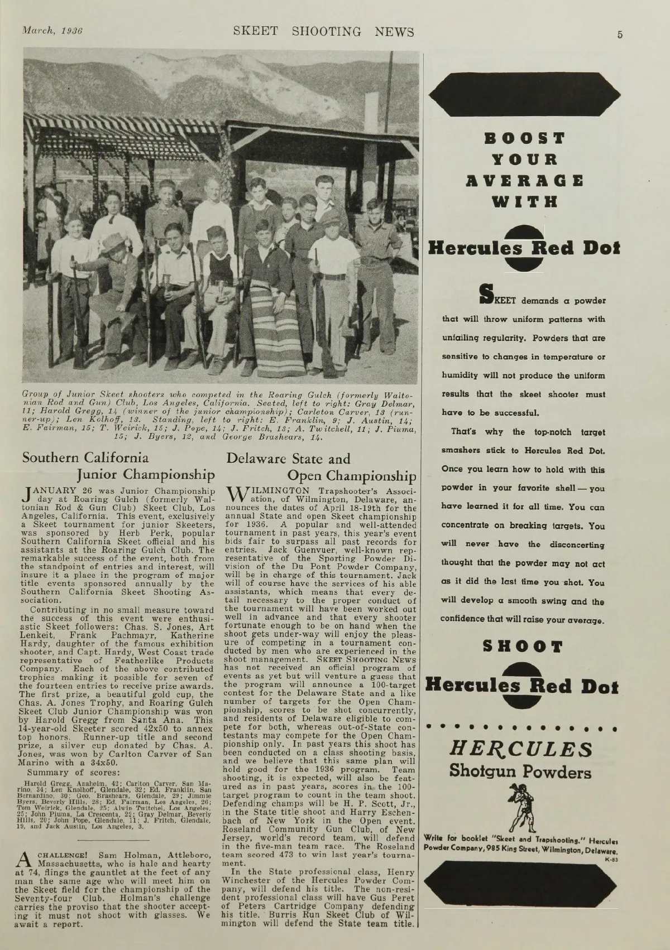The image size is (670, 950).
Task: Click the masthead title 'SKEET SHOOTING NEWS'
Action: [324, 31]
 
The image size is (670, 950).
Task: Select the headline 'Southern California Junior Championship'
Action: [118, 466]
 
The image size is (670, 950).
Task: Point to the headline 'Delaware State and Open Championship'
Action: [321, 467]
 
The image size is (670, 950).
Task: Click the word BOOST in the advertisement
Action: [524, 138]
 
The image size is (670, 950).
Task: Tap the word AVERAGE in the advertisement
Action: [524, 181]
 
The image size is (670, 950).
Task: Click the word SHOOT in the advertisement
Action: [523, 646]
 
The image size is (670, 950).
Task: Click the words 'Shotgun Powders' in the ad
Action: [520, 772]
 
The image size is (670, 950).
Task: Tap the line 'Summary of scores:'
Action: [62, 773]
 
